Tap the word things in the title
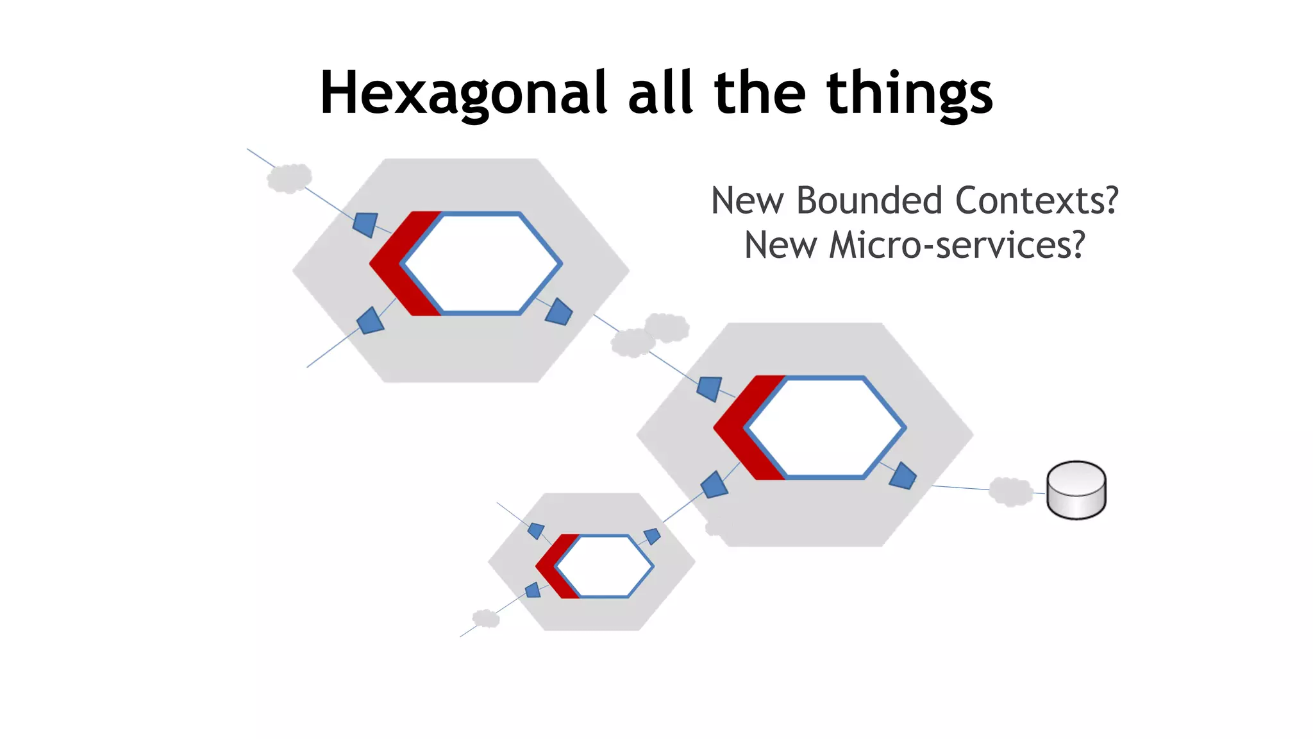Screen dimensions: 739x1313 (x=910, y=94)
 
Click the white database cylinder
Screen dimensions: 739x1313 (x=1076, y=490)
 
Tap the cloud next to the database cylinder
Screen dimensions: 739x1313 (x=1010, y=491)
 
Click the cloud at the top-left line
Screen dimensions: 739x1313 (x=289, y=178)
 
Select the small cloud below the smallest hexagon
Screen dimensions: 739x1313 (x=486, y=618)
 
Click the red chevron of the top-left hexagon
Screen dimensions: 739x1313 (x=394, y=264)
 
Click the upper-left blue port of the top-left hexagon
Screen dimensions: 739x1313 (x=365, y=224)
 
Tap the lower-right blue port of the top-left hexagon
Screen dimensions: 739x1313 (x=559, y=312)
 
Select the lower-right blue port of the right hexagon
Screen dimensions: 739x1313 (x=903, y=476)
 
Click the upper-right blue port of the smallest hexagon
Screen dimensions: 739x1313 (x=652, y=536)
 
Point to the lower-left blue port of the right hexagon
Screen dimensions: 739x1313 (x=714, y=485)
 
